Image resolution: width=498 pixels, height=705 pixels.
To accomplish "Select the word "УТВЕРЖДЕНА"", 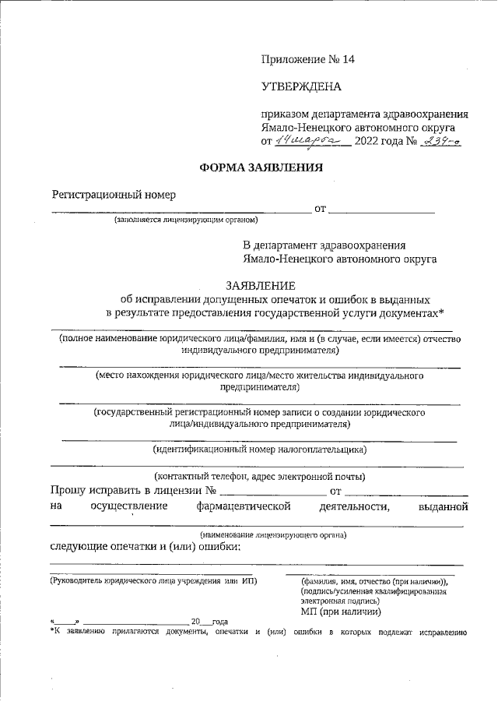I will pos(301,86).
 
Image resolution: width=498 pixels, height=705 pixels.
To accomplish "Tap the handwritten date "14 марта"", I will pos(312,141).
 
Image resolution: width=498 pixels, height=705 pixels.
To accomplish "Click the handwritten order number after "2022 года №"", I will pos(443,141).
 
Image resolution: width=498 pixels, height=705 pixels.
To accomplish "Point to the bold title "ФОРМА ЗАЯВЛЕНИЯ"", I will pos(249,167).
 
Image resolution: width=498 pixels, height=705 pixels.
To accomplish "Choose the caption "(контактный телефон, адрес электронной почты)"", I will pos(260,477).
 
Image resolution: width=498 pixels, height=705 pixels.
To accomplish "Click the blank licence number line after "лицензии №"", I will pos(272,492).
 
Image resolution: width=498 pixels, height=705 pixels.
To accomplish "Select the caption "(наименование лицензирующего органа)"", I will pos(272,535).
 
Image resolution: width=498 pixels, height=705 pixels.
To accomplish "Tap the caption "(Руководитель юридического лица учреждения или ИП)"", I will pos(153,581).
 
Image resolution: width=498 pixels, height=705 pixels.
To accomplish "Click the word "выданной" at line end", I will pos(442,507).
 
